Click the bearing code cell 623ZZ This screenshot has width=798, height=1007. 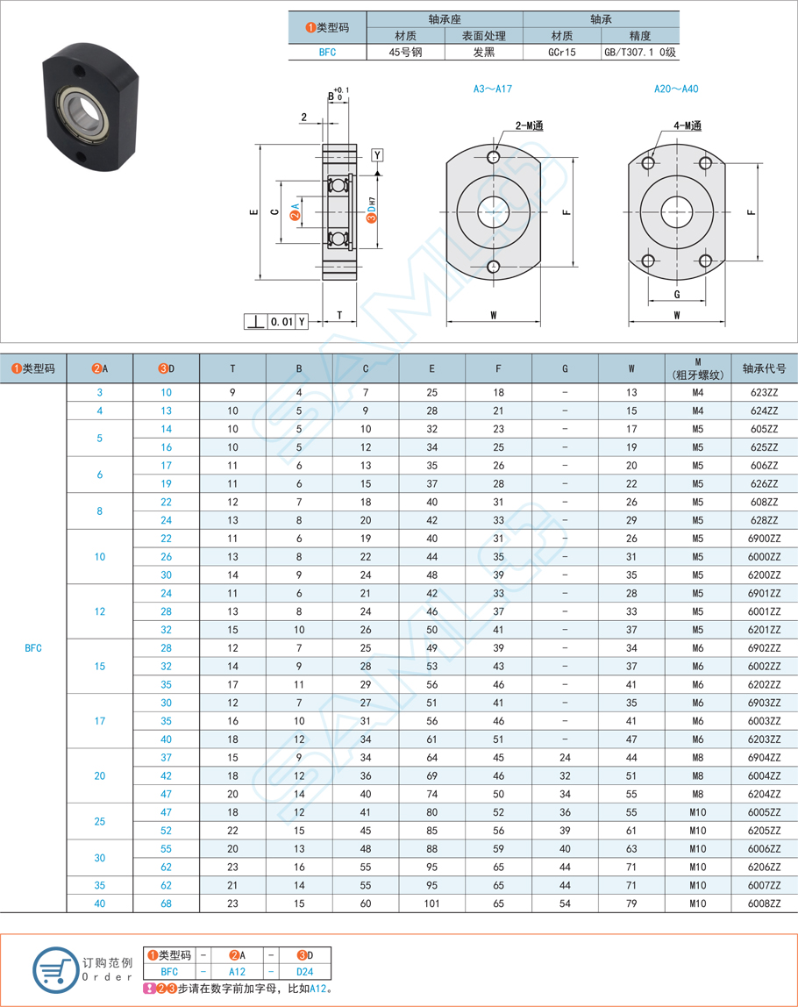click(765, 392)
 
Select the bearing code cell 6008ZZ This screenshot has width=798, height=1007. click(765, 903)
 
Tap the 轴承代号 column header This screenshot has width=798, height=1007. click(765, 368)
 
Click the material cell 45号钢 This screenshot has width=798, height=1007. click(405, 52)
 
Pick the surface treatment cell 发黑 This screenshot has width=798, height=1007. click(483, 52)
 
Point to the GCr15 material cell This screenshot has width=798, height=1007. click(561, 52)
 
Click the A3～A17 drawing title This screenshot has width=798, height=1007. click(492, 89)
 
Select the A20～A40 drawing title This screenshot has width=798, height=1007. click(676, 89)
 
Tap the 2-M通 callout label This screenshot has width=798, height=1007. click(529, 126)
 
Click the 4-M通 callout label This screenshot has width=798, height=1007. click(688, 126)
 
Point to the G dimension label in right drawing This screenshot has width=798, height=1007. click(677, 294)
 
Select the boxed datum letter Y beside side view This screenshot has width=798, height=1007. click(376, 155)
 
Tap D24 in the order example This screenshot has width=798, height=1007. click(304, 972)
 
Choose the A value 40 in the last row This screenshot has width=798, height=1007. click(99, 903)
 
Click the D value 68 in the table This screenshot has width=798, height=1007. click(166, 903)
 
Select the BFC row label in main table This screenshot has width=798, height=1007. click(33, 648)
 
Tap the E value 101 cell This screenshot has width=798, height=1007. click(431, 903)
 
